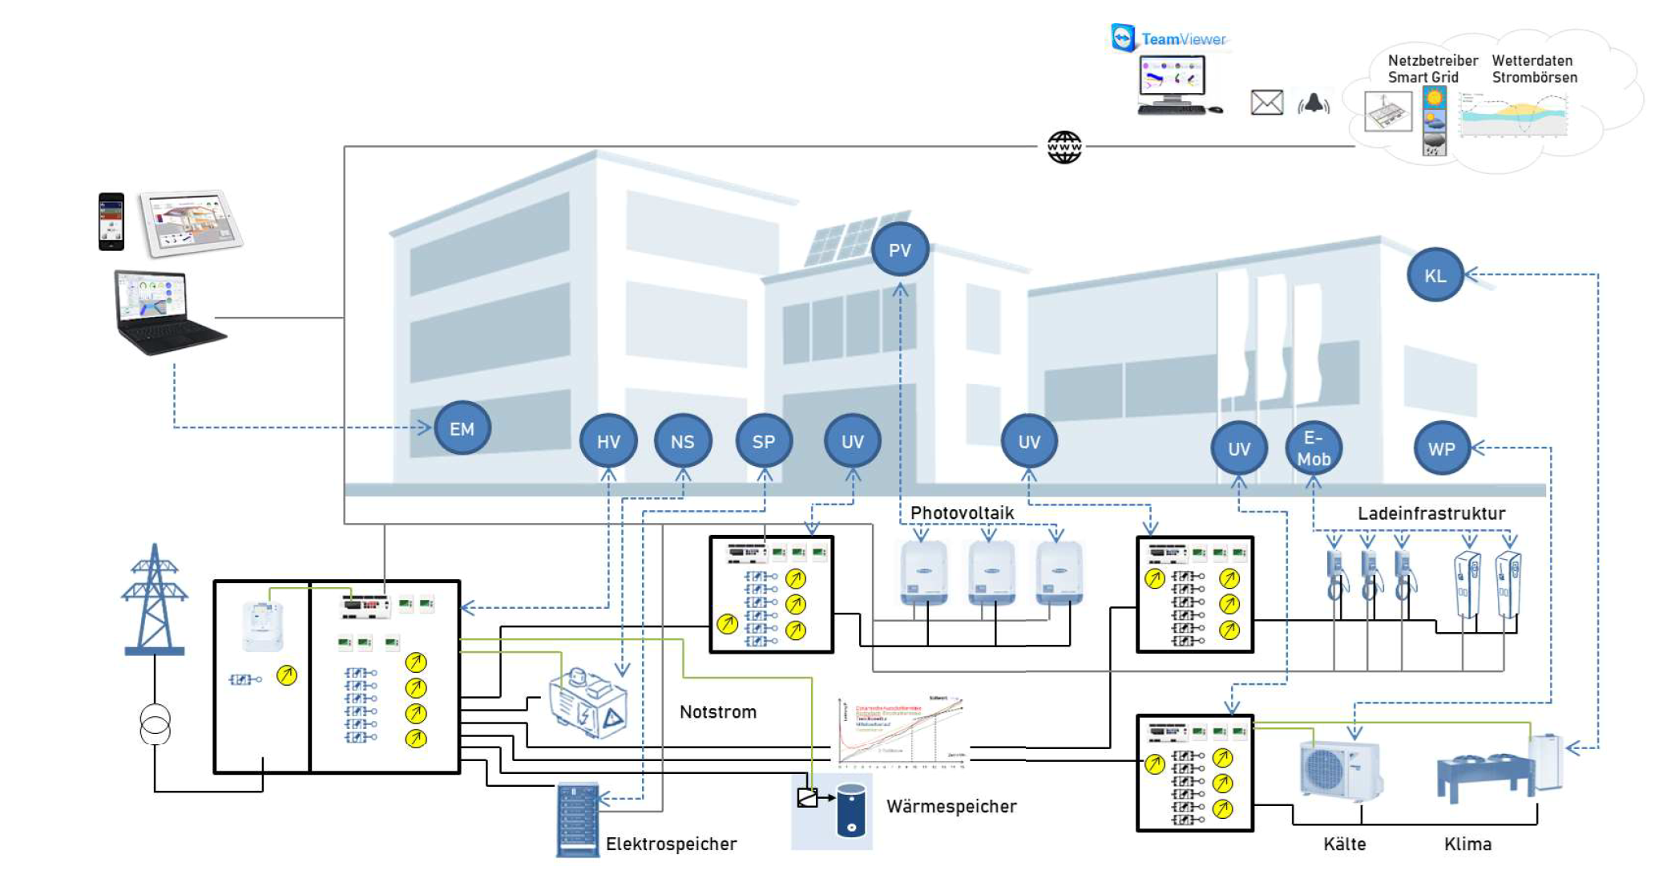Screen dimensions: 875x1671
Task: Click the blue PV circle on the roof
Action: coord(899,250)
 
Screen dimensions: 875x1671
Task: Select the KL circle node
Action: coord(1435,275)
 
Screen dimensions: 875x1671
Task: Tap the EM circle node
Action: coord(462,428)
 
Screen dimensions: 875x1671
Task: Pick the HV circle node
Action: coord(608,441)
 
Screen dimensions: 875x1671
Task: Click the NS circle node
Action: coord(682,441)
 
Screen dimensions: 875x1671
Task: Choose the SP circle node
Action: coord(763,441)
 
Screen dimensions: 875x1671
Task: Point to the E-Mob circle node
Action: coord(1314,448)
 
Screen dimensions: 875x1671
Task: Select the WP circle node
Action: coord(1441,448)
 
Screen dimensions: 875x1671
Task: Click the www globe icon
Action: coord(1064,147)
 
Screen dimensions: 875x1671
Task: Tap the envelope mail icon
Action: coord(1266,103)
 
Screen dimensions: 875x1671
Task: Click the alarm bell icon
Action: coord(1314,103)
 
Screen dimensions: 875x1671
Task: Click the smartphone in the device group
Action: coord(111,221)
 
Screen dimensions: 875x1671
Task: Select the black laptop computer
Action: coord(166,313)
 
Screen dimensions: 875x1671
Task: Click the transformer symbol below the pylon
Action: coord(155,724)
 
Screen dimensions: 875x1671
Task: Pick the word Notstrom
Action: coord(717,712)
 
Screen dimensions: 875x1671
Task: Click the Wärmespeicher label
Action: coord(951,806)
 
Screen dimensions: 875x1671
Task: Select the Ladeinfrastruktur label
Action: coord(1431,513)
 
